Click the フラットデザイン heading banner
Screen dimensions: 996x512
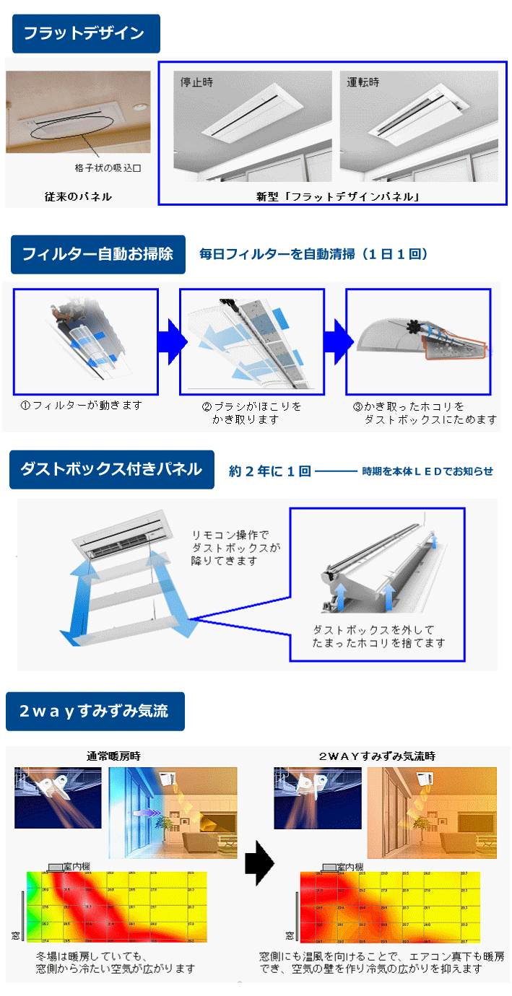[x=85, y=33]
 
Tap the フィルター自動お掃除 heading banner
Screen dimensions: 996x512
[x=97, y=254]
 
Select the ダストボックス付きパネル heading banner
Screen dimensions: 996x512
[x=111, y=469]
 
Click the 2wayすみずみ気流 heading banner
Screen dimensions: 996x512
[x=95, y=711]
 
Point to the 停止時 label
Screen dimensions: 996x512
[x=196, y=82]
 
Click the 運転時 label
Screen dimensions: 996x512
[x=363, y=82]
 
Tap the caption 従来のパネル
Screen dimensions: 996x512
[x=78, y=196]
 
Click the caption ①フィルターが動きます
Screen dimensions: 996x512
[x=82, y=405]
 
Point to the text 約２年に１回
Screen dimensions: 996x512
[x=269, y=471]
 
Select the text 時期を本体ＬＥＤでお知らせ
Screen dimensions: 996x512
[x=428, y=471]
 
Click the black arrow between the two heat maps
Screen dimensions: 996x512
[x=260, y=861]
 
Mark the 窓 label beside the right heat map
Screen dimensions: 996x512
[x=289, y=935]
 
